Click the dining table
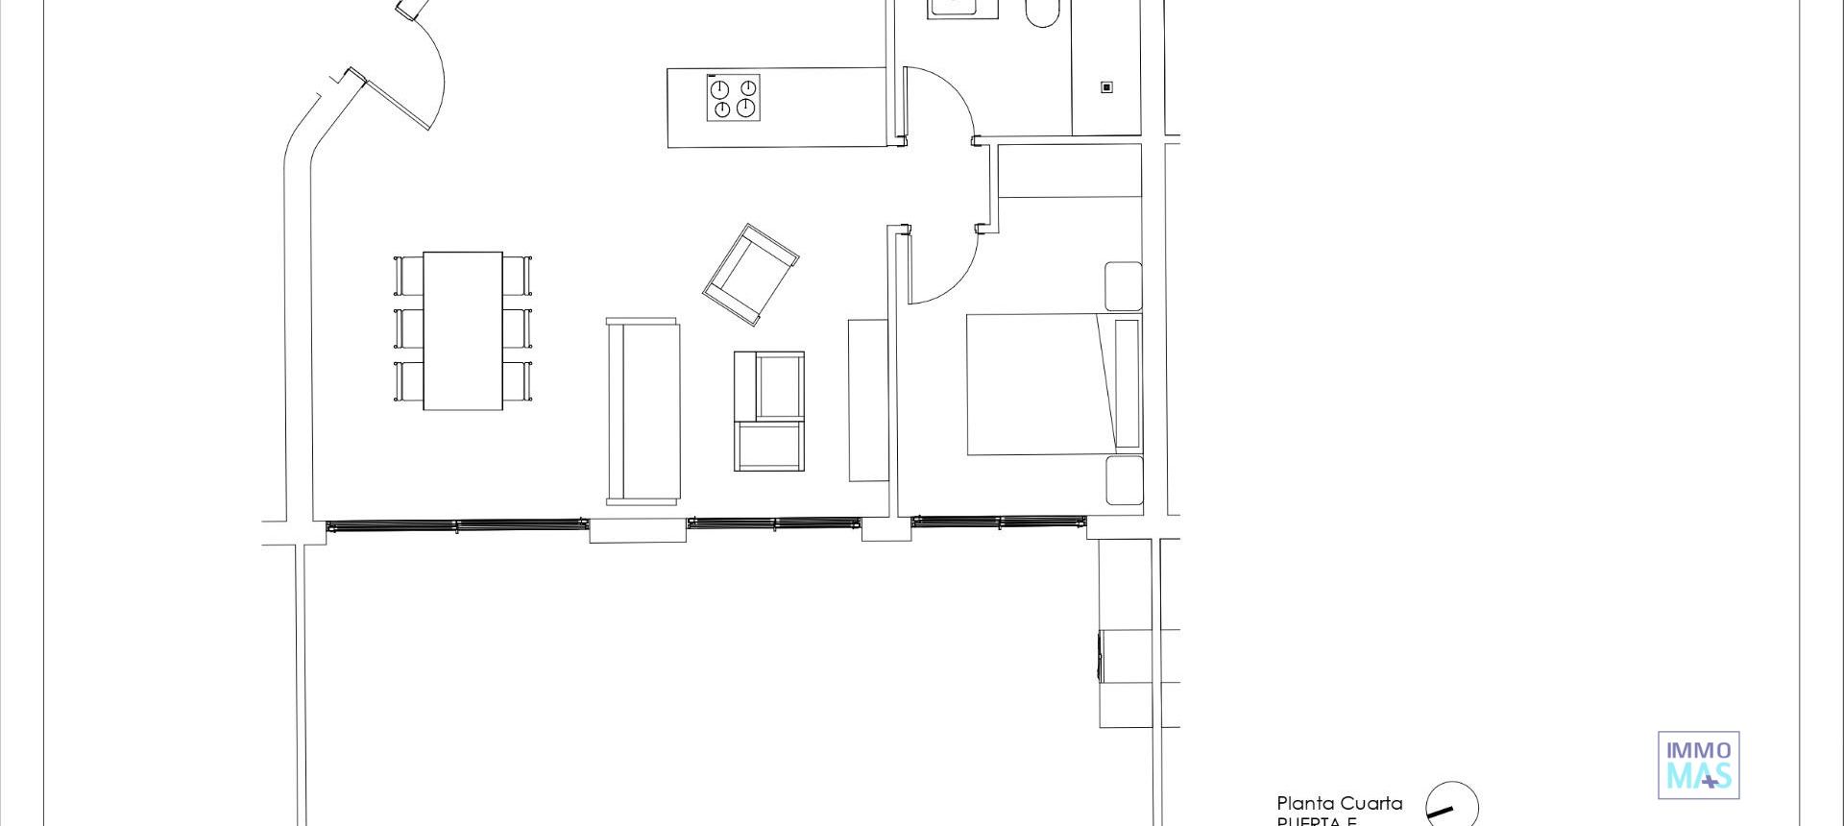462,330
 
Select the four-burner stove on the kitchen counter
733,98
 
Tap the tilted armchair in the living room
750,274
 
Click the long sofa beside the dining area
643,411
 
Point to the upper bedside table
1123,285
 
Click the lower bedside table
1124,480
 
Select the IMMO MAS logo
1698,765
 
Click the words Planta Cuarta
1339,803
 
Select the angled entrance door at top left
397,100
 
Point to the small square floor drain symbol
1106,87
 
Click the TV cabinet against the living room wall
867,400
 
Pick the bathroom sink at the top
962,8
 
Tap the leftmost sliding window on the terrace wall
456,525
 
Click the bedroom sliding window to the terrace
998,522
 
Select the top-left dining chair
409,276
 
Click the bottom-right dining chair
517,380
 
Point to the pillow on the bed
1127,384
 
